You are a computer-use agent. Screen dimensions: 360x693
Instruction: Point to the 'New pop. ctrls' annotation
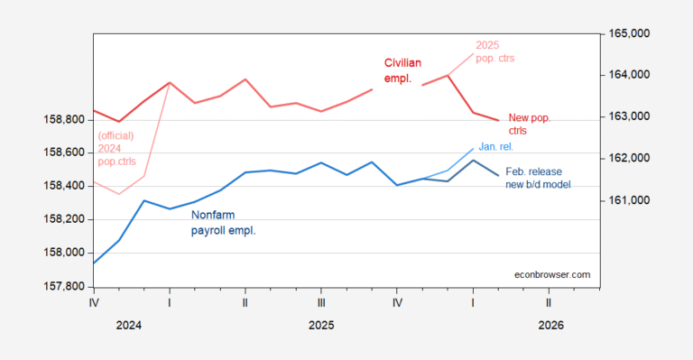pyautogui.click(x=530, y=124)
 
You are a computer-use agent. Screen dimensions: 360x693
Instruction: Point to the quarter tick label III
pyautogui.click(x=321, y=304)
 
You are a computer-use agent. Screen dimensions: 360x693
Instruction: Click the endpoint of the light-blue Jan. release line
pyautogui.click(x=473, y=149)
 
